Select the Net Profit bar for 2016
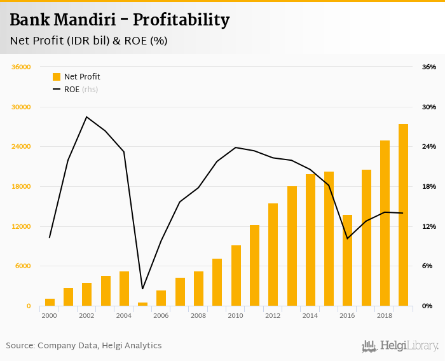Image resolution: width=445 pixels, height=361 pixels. point(347,261)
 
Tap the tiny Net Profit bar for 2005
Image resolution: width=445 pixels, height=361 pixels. point(142,304)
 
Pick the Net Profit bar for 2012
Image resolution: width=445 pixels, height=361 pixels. point(273,254)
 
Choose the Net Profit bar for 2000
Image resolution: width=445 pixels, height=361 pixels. point(50,302)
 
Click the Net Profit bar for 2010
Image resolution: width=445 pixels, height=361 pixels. point(236,275)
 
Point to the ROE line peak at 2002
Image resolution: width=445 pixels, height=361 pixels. point(86,117)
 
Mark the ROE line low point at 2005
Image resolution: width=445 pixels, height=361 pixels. point(142,289)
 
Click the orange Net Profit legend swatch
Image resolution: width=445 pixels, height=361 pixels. point(57,77)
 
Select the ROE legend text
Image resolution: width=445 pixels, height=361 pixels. point(72,90)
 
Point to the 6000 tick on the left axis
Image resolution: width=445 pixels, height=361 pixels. point(23,266)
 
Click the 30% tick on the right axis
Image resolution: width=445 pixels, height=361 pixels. point(428,107)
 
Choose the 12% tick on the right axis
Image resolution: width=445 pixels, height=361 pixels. point(428,226)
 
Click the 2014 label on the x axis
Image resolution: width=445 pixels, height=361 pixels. point(310,315)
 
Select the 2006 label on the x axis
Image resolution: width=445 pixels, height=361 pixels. point(161,315)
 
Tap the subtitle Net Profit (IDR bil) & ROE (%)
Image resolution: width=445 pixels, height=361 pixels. point(88,41)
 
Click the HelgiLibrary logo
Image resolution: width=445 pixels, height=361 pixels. point(400,346)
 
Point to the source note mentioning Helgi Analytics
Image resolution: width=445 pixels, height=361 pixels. point(84,346)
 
